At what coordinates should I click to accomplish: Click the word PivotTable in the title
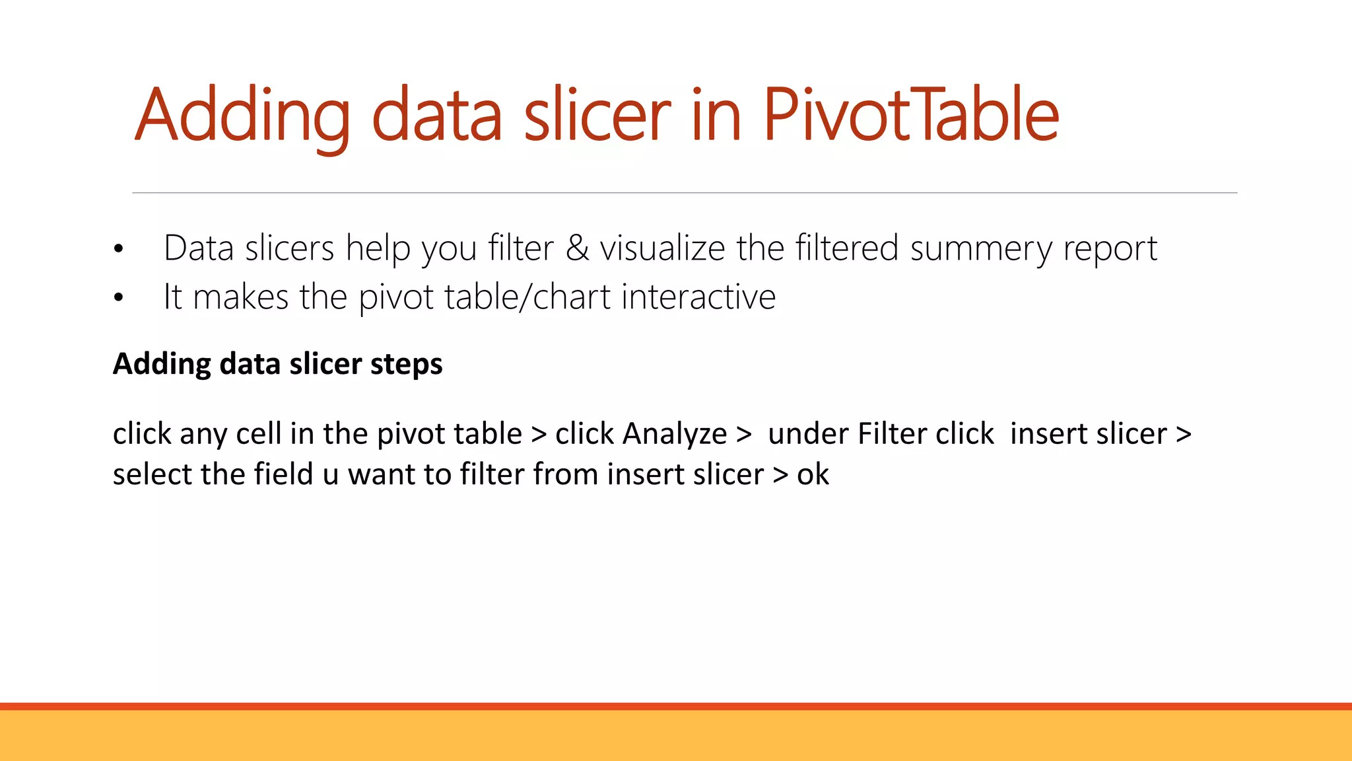[x=911, y=115]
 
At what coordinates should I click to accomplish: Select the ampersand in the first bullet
[x=577, y=248]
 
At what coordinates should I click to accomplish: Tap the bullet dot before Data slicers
[x=118, y=250]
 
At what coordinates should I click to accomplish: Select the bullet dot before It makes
[x=118, y=298]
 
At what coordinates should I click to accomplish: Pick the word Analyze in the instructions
[x=674, y=434]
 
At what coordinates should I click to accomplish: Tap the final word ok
[x=813, y=474]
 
